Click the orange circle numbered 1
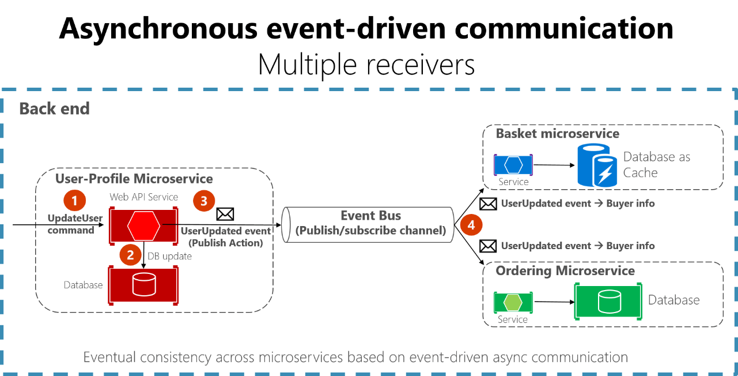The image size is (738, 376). point(74,200)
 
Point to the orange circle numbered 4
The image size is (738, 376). point(471,225)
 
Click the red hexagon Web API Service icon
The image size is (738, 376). point(143,225)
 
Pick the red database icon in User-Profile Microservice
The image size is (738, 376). point(143,284)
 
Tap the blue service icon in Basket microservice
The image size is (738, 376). point(513,165)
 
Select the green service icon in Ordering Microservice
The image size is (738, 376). point(513,302)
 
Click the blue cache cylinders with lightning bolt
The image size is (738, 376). point(597,165)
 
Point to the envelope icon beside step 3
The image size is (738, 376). point(225,215)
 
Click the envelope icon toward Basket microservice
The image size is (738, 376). point(488,204)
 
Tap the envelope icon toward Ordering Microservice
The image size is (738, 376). point(488,246)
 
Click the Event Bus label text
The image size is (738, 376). point(370,216)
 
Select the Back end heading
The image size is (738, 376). point(55,108)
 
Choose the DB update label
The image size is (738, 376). point(169,256)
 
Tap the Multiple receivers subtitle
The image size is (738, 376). point(366,65)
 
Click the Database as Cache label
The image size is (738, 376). point(656,164)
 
